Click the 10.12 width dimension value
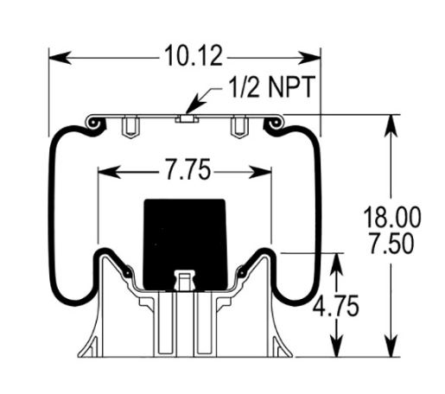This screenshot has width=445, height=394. tap(194, 55)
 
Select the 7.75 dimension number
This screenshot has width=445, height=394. tap(188, 169)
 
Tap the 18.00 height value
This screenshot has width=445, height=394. tap(392, 217)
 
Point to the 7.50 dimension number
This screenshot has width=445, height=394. tap(391, 244)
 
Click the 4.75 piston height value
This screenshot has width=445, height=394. tap(336, 305)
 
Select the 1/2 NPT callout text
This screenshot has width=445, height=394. tap(271, 87)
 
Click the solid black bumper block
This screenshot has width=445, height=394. tap(185, 245)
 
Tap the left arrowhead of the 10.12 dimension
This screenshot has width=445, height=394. tap(60, 58)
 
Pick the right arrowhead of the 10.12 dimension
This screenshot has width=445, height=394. tap(309, 58)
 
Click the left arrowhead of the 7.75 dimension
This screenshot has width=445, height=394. tap(110, 172)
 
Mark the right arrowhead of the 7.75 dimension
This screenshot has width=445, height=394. tap(260, 172)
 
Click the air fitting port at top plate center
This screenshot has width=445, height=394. tap(187, 118)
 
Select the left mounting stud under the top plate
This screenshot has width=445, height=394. tap(130, 127)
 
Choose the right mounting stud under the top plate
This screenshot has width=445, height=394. tap(239, 127)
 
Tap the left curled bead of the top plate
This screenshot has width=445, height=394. tap(94, 124)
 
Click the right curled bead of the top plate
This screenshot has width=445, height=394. tap(274, 124)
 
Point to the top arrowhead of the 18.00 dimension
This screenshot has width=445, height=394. tap(391, 126)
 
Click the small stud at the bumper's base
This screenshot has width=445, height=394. tap(185, 280)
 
